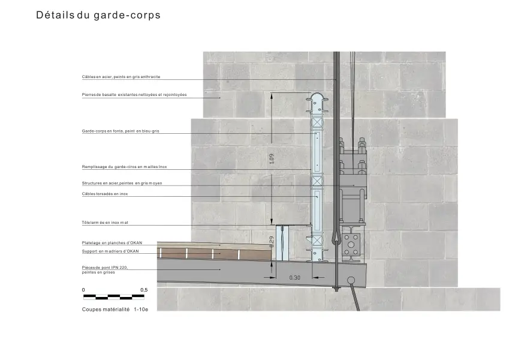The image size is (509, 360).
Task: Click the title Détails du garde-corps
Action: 98,15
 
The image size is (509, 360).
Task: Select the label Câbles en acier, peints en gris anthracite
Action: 121,77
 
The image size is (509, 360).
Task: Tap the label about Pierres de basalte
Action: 134,95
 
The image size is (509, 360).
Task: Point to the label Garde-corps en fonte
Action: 121,131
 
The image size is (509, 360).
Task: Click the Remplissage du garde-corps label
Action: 124,167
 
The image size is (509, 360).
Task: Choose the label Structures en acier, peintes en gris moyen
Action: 122,183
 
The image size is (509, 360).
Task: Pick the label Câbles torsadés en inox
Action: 105,194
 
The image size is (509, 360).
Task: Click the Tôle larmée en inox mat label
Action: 105,223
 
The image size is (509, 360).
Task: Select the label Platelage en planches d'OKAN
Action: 112,243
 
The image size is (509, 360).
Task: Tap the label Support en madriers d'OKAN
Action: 110,251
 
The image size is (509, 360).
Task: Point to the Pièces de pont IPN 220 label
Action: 105,270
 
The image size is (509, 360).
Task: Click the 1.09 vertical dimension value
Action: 272,158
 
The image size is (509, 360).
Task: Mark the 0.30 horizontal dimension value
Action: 295,278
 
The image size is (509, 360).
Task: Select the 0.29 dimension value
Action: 272,242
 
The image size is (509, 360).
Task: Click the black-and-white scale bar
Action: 114,296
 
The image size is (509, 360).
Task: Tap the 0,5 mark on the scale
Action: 144,290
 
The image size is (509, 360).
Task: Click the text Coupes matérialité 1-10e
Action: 115,310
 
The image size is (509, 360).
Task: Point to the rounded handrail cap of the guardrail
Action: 317,97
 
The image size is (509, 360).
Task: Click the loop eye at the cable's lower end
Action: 336,237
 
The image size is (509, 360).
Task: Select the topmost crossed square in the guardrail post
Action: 317,122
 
